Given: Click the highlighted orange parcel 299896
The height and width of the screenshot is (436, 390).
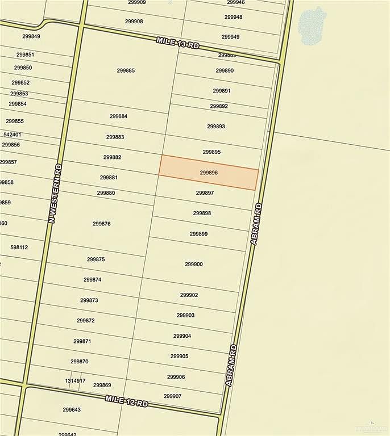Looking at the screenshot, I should pyautogui.click(x=209, y=173).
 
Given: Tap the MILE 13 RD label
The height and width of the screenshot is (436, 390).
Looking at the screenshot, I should pyautogui.click(x=178, y=43).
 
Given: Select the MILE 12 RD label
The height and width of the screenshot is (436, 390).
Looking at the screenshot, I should pyautogui.click(x=126, y=401).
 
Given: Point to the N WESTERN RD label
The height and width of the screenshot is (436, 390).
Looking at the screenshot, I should pyautogui.click(x=55, y=193).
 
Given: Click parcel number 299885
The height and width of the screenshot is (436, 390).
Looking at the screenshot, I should pyautogui.click(x=126, y=70).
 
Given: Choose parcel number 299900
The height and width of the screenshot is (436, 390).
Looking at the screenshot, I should pyautogui.click(x=194, y=264).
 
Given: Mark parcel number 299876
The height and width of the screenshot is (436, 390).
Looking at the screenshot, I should pyautogui.click(x=101, y=224).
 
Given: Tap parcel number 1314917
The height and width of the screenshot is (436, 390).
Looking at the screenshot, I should pyautogui.click(x=75, y=380).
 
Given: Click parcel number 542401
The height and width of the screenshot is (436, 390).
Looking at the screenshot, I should pyautogui.click(x=12, y=135).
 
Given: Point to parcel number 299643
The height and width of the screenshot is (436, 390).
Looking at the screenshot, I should pyautogui.click(x=72, y=410).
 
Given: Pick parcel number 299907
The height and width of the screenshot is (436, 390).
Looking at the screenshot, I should pyautogui.click(x=172, y=396).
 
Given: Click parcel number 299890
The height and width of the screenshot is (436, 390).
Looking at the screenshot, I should pyautogui.click(x=225, y=70).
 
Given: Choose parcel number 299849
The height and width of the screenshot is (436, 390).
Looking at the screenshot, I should pyautogui.click(x=31, y=36).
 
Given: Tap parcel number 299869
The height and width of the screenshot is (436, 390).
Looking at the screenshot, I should pyautogui.click(x=102, y=385).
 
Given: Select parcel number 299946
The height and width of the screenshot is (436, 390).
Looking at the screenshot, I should pyautogui.click(x=235, y=2).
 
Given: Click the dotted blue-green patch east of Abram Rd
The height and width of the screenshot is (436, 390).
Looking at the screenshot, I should pyautogui.click(x=312, y=25).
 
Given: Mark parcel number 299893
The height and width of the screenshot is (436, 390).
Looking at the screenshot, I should pyautogui.click(x=216, y=126).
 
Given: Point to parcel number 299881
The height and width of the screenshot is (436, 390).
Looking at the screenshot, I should pyautogui.click(x=109, y=177).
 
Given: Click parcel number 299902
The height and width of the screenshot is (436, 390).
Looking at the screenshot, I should pyautogui.click(x=189, y=295).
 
